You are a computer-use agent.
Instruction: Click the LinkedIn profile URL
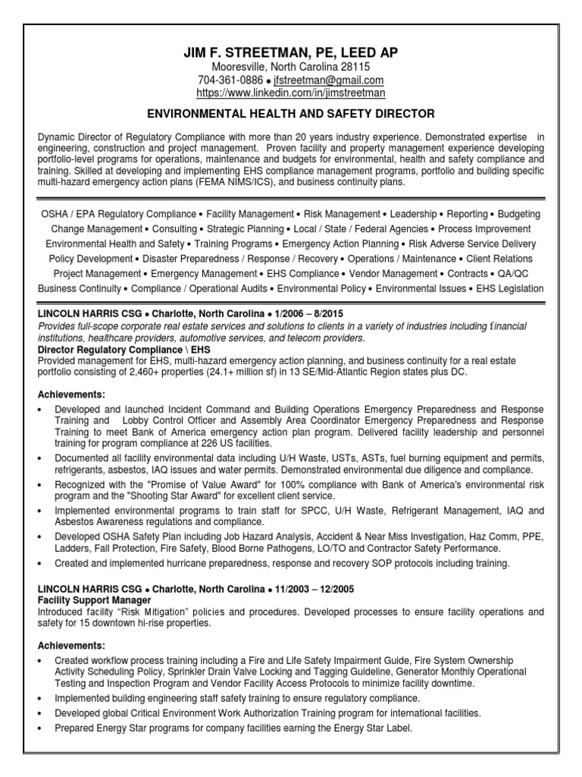[291, 93]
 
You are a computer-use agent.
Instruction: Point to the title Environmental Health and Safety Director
[291, 114]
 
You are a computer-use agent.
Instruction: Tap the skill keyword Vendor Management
[393, 273]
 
